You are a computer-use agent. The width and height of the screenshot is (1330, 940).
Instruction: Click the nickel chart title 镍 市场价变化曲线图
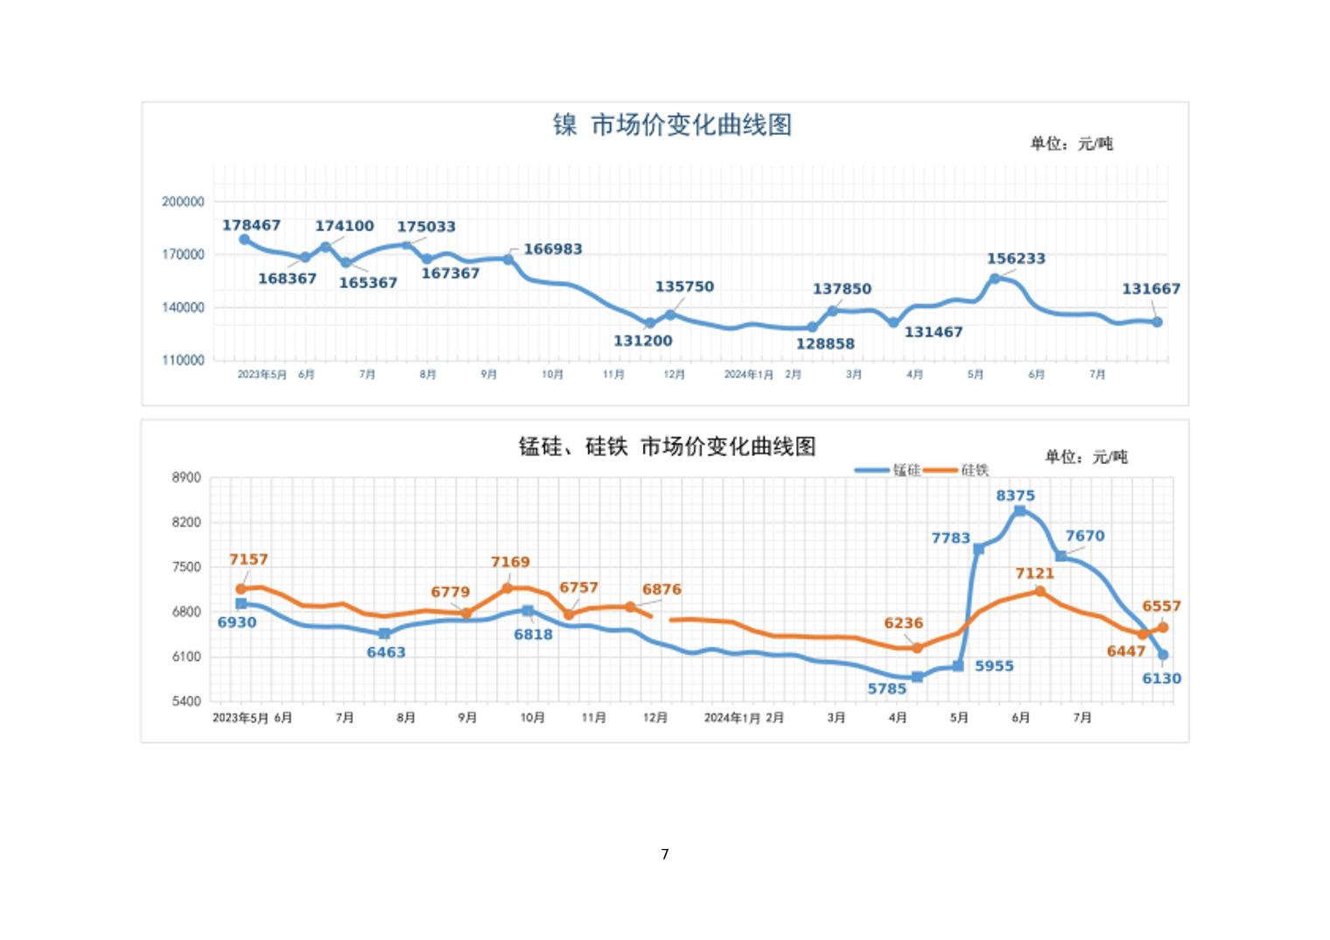pos(672,125)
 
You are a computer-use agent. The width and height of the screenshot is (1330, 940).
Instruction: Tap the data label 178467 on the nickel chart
pos(251,225)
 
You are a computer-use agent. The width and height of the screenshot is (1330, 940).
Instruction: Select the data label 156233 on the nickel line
pos(1016,258)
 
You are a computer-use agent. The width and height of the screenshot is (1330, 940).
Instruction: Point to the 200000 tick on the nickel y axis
pos(183,201)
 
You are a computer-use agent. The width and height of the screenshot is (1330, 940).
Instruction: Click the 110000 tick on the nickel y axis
pos(183,360)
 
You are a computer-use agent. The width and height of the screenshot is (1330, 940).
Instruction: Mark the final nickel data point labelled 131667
pos(1157,322)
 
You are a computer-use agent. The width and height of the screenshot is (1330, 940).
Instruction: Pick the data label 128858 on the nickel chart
pos(825,344)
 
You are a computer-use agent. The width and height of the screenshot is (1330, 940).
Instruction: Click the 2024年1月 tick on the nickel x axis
pos(748,375)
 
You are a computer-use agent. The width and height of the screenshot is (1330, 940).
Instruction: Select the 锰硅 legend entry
pos(888,470)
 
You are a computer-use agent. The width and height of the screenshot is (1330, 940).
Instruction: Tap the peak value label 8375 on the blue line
pos(1015,495)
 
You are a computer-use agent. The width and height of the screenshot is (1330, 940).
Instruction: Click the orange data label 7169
pos(510,562)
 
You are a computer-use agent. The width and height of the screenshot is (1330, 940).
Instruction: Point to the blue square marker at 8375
pos(1019,511)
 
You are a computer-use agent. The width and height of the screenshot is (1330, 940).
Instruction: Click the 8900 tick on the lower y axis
pos(186,478)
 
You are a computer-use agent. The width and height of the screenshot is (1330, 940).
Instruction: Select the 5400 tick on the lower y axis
pos(186,701)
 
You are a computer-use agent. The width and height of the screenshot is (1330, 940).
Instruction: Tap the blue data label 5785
pos(887,689)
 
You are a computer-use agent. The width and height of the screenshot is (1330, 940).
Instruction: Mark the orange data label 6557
pos(1161,606)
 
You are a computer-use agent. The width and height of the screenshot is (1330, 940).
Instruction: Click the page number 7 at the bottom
pos(665,854)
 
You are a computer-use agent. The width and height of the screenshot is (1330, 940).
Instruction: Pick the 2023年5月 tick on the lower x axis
pos(241,718)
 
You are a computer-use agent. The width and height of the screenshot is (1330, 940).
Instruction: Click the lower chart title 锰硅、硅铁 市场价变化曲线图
pos(667,447)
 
